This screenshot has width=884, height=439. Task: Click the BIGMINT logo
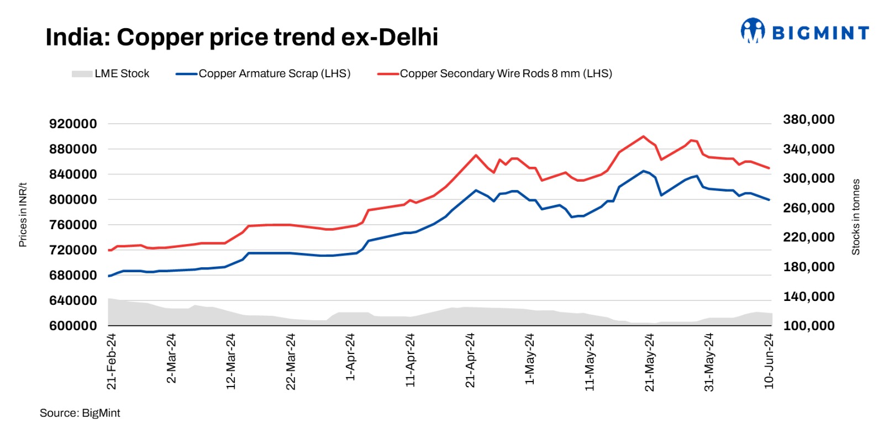(x=804, y=31)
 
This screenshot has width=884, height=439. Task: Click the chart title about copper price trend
(x=241, y=37)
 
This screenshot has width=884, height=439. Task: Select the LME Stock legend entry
(x=110, y=73)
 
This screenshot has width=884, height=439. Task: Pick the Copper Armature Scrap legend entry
(x=263, y=73)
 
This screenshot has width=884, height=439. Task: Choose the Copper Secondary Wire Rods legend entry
(x=494, y=73)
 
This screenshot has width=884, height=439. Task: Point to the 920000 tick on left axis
(x=73, y=124)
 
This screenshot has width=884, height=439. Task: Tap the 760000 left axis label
(x=73, y=225)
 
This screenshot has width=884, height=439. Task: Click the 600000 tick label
(x=73, y=326)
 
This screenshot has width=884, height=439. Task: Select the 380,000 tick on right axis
(x=808, y=119)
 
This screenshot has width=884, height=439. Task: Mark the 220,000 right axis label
(x=808, y=237)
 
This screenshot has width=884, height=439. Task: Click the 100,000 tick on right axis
(x=808, y=326)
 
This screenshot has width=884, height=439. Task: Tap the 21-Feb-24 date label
(x=112, y=361)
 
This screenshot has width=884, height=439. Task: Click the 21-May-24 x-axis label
(x=649, y=362)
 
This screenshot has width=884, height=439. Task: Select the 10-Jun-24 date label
(x=769, y=361)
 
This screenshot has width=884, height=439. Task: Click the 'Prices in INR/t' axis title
(x=23, y=215)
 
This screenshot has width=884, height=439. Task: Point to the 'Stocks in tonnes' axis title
(x=856, y=216)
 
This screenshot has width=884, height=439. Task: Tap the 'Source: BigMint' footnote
(x=80, y=413)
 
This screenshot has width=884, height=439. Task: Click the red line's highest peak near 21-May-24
(x=643, y=136)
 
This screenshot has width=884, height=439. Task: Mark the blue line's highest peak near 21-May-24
(x=643, y=171)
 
